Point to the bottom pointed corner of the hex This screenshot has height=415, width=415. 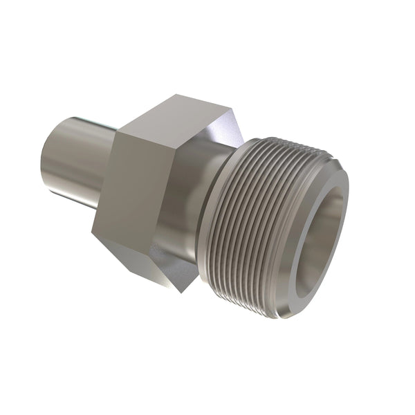[181, 291]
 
